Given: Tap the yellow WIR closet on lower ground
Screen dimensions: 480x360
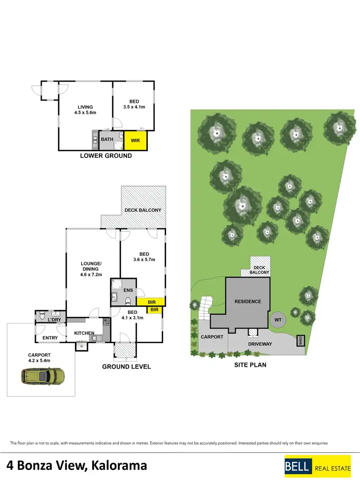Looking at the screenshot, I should (136, 140).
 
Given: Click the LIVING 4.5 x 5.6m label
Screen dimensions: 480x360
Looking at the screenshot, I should (85, 110).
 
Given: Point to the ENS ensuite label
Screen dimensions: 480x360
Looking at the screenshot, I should (128, 290).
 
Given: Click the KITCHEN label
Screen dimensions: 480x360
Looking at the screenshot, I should (84, 333).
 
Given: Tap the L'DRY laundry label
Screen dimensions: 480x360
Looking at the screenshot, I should (55, 318).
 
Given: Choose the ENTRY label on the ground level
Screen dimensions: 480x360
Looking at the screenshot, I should (50, 338).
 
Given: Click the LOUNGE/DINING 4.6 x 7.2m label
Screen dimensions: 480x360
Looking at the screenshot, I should (91, 269).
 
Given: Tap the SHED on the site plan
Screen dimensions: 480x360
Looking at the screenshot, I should (300, 340).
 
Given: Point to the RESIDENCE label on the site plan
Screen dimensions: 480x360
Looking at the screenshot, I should (248, 301).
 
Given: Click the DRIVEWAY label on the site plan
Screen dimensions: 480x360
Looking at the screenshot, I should (260, 344).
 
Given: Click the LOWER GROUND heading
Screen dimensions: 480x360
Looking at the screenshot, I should (106, 156).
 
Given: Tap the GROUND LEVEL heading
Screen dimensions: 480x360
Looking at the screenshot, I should (126, 367).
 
